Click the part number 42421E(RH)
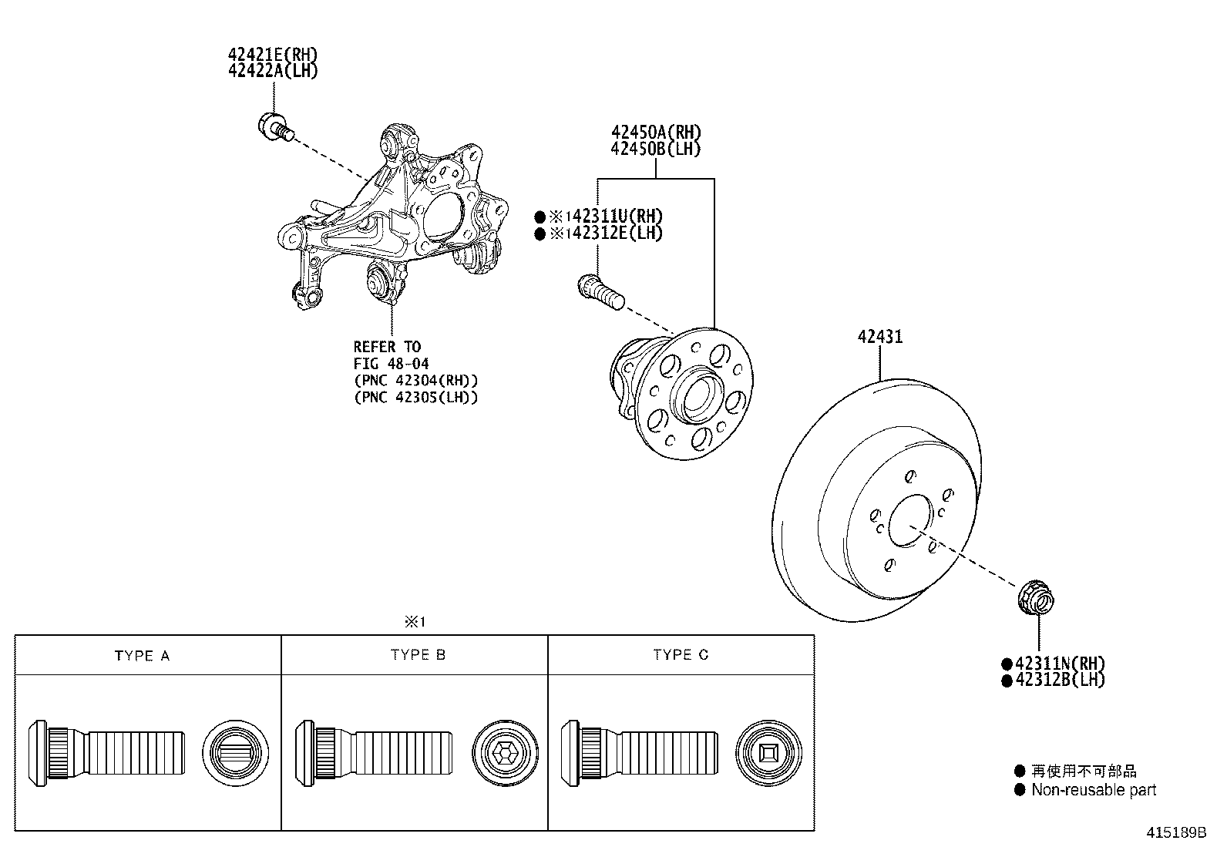273,55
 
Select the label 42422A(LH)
273,70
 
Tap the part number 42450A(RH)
656,133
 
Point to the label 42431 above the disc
880,337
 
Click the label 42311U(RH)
607,217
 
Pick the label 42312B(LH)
1060,680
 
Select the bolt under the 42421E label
274,126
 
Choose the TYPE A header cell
142,656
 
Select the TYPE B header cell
418,655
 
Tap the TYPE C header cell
681,655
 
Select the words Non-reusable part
1094,790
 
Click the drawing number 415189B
1175,833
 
